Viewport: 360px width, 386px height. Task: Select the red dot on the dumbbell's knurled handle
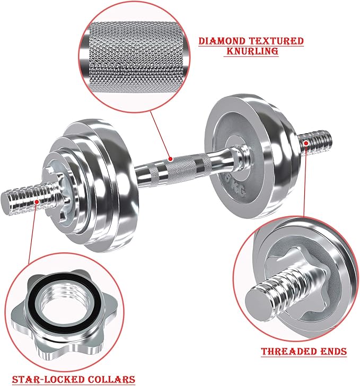(x=170, y=158)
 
